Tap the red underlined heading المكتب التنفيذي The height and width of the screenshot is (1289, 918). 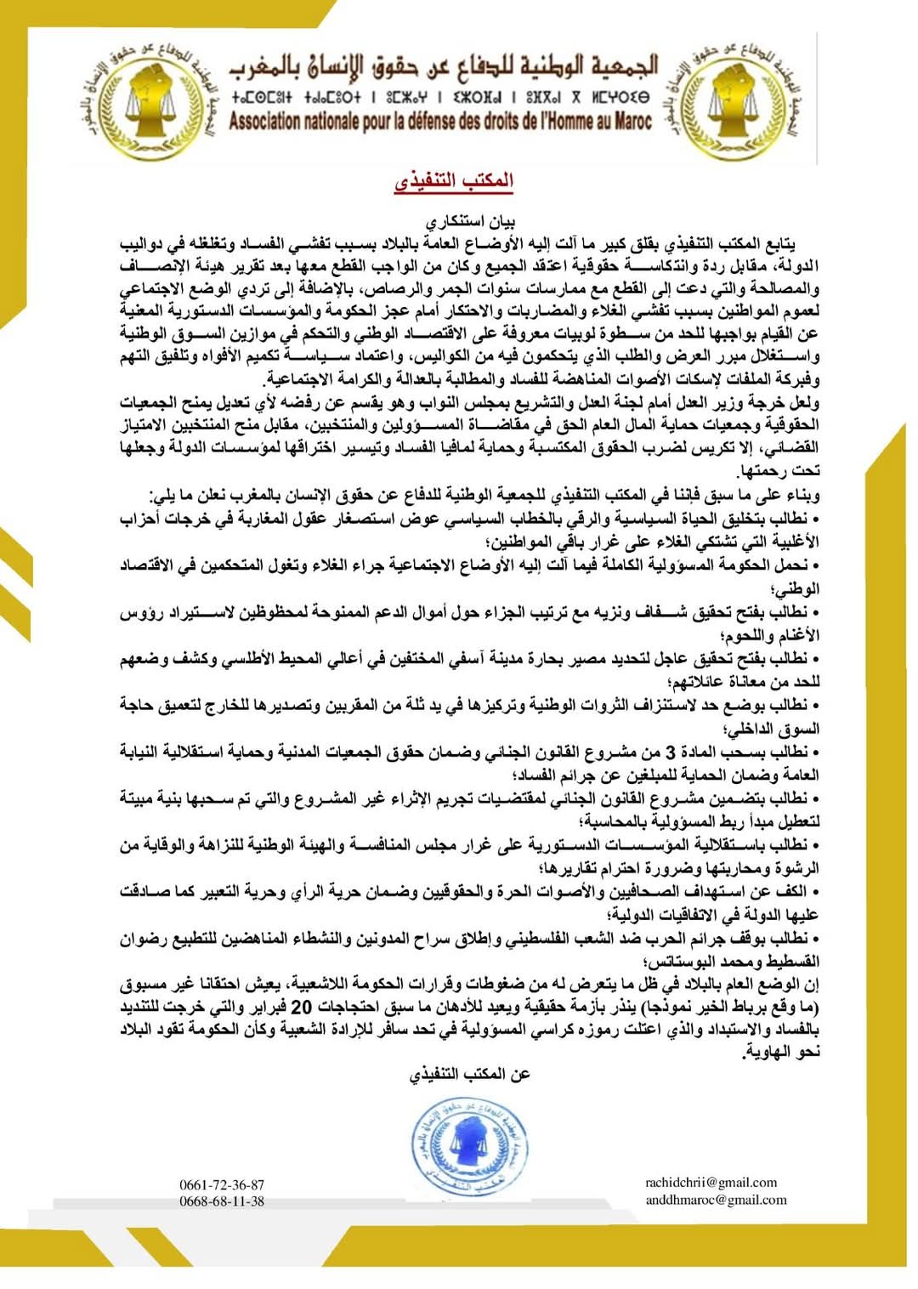454,180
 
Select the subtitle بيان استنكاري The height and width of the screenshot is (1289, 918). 470,222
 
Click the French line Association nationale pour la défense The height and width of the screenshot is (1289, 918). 439,122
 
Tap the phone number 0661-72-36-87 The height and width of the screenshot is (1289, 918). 222,1184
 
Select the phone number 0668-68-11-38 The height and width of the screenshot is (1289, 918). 222,1201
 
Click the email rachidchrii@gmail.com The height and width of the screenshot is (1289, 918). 711,1183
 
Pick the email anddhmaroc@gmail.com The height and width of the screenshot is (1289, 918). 716,1201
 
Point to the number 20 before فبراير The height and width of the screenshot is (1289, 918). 302,1007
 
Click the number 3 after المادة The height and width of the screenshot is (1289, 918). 670,752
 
